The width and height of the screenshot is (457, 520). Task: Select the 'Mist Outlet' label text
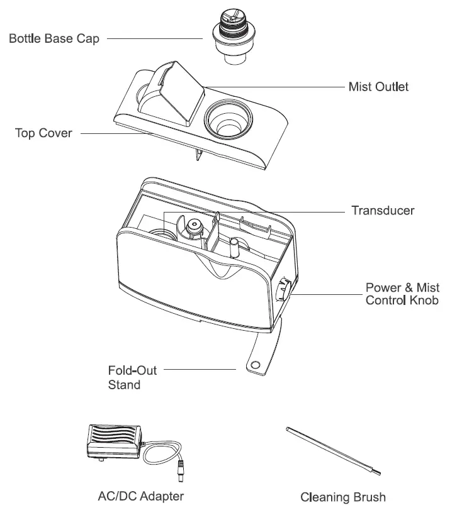tap(378, 87)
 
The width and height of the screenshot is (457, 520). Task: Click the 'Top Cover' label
tap(43, 133)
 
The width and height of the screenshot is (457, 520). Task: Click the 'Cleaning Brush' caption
tap(342, 497)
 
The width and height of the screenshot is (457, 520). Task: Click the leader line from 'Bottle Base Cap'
tap(154, 39)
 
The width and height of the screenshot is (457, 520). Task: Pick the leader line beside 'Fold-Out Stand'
tap(199, 370)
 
